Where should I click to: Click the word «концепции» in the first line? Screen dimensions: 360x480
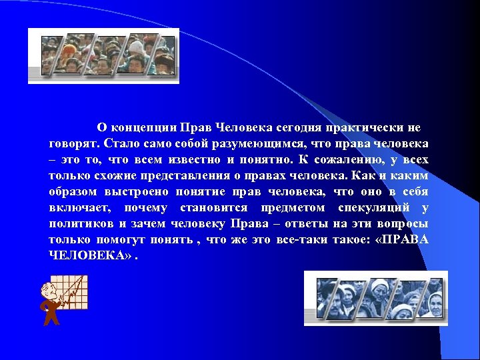pyautogui.click(x=138, y=127)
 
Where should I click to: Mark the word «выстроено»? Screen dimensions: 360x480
pyautogui.click(x=138, y=191)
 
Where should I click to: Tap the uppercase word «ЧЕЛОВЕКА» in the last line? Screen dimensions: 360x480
pyautogui.click(x=86, y=255)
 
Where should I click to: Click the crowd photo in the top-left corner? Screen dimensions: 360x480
pyautogui.click(x=103, y=56)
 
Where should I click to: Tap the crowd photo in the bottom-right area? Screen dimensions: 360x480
pyautogui.click(x=375, y=298)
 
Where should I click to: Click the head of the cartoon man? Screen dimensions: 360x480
pyautogui.click(x=48, y=291)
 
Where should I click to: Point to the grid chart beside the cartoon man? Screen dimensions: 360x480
pyautogui.click(x=73, y=293)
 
